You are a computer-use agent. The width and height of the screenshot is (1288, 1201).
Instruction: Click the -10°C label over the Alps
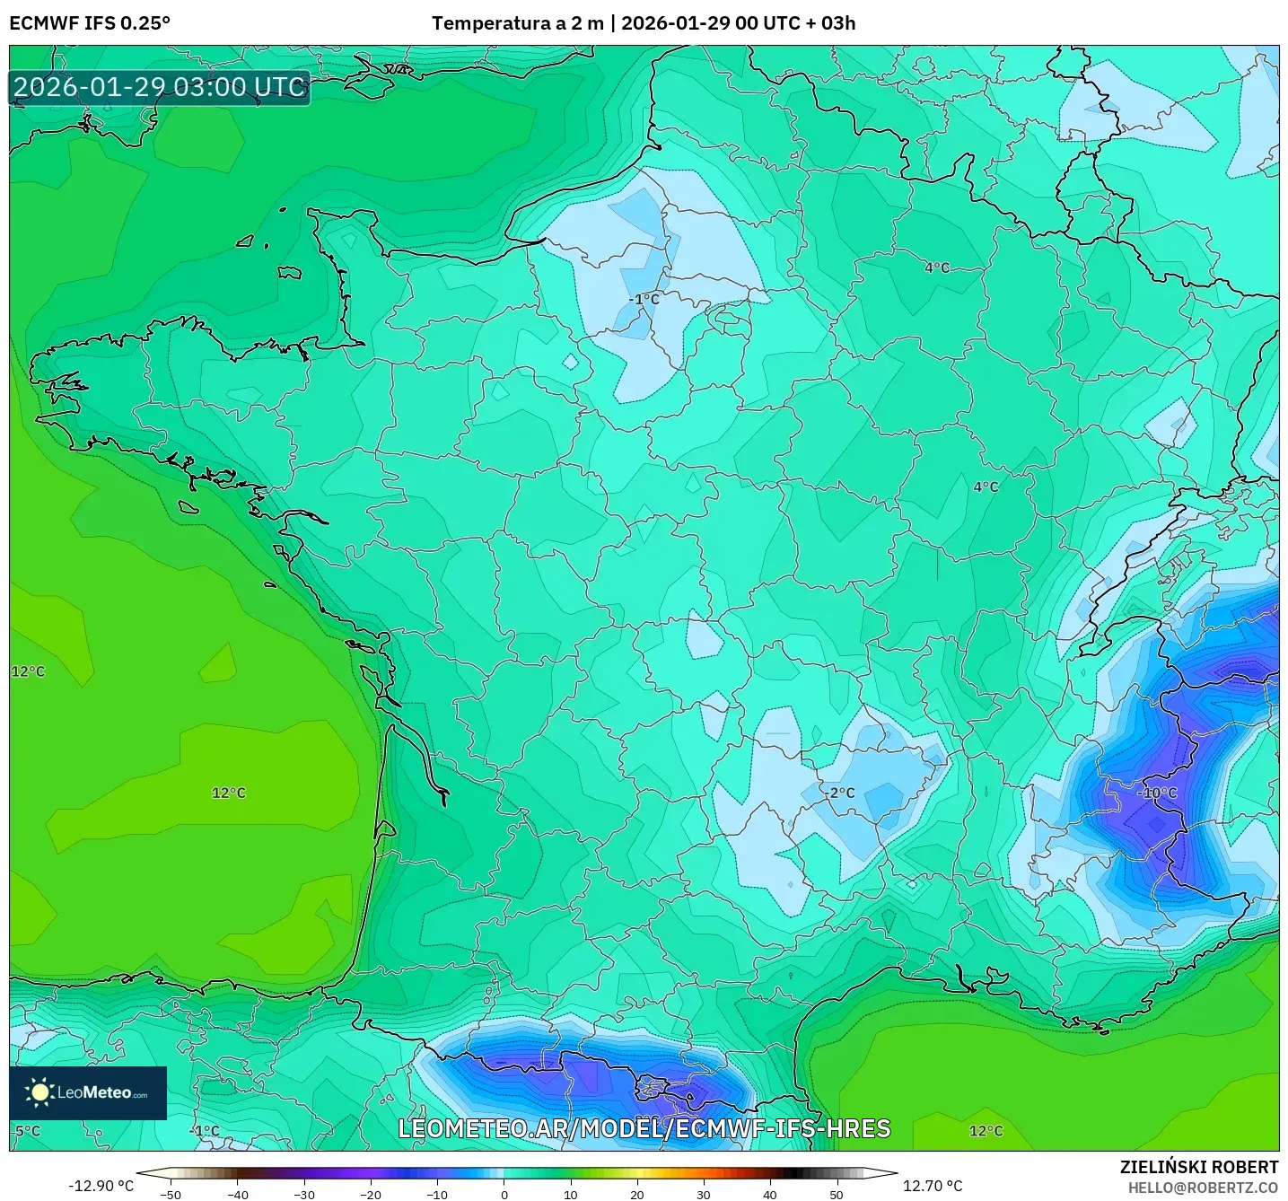[x=1156, y=793]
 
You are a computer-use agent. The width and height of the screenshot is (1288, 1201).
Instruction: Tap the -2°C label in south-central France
[x=841, y=793]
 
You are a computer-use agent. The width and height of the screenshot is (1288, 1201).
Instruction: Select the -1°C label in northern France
[x=644, y=299]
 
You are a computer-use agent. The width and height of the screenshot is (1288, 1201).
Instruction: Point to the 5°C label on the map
[x=27, y=1131]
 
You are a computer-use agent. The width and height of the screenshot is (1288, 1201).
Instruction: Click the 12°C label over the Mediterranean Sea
[x=986, y=1131]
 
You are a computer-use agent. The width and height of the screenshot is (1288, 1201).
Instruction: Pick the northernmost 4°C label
[x=936, y=267]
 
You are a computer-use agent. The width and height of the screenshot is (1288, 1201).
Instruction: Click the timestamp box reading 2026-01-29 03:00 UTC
[x=160, y=87]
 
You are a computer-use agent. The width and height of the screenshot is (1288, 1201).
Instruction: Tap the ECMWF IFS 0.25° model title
[x=90, y=23]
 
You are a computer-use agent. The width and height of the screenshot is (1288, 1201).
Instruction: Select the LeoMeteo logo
[x=88, y=1092]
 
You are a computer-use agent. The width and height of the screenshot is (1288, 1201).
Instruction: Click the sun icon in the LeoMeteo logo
[x=39, y=1092]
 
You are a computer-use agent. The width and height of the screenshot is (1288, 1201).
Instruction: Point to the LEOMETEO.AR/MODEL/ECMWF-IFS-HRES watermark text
[x=644, y=1128]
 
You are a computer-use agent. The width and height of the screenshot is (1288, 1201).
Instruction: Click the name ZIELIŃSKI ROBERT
[x=1198, y=1167]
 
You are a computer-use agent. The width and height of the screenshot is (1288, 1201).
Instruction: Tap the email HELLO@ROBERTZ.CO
[x=1203, y=1188]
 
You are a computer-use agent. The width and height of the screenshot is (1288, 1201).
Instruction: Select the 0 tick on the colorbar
[x=504, y=1194]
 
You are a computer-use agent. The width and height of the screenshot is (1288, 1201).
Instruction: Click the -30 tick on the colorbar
[x=304, y=1194]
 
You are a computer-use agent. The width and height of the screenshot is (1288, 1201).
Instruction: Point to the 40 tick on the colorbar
[x=770, y=1194]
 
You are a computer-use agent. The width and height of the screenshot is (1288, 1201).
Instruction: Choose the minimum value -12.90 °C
[x=101, y=1186]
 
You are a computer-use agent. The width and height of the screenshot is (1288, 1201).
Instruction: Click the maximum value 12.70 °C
[x=933, y=1186]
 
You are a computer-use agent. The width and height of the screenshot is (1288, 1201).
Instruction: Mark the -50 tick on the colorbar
[x=170, y=1194]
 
